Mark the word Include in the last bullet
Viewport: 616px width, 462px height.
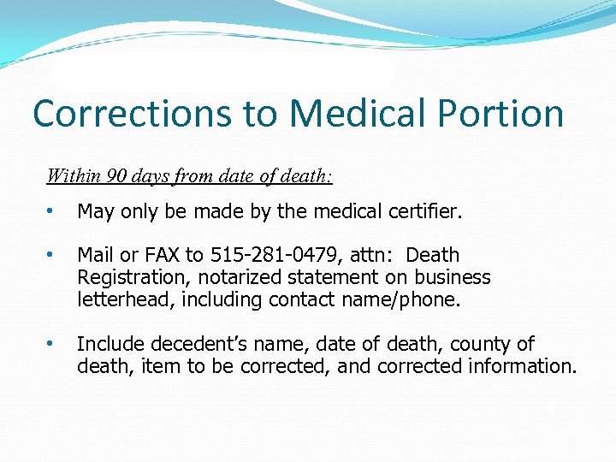click(x=110, y=344)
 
